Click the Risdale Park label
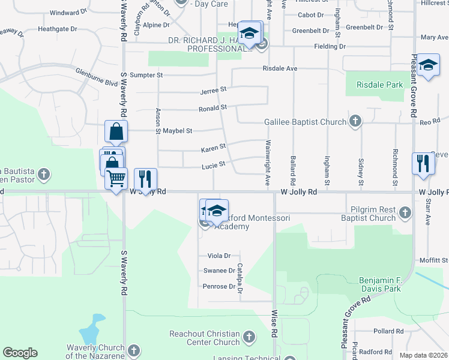(x=379, y=85)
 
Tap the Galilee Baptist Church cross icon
(x=355, y=122)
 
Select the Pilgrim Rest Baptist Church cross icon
(x=405, y=212)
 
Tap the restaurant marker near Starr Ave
(x=423, y=163)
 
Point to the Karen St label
(x=213, y=146)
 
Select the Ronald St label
(x=213, y=109)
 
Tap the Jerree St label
(x=213, y=90)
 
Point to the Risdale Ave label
(x=280, y=68)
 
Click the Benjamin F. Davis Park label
(x=388, y=285)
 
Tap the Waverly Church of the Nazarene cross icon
(x=134, y=350)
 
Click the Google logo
(x=20, y=353)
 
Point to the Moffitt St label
(x=436, y=260)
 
